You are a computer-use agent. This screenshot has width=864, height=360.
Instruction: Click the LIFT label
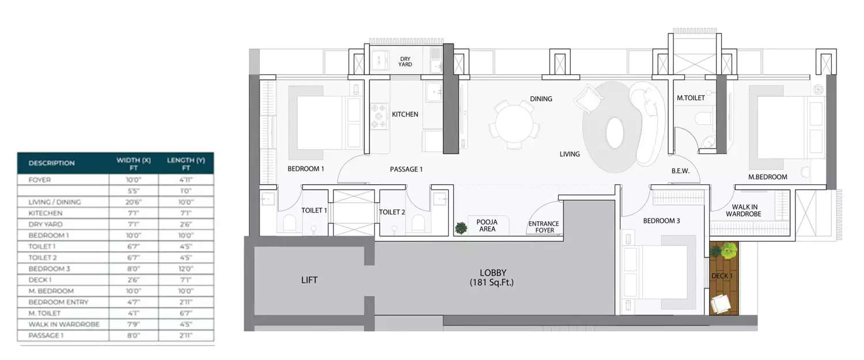point(309,281)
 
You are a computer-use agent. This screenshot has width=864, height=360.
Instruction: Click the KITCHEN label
point(405,115)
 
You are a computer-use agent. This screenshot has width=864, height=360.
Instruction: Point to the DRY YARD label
point(405,61)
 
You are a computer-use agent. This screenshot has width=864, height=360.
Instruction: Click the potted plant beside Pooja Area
point(461,228)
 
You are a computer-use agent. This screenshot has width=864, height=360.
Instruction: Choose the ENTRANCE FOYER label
point(544,227)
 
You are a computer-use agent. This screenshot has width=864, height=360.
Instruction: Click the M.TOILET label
point(691,98)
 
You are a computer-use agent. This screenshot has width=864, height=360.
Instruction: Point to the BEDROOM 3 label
point(661,221)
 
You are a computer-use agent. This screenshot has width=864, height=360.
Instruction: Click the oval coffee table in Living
point(614,132)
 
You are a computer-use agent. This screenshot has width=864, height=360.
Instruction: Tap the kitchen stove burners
point(378,115)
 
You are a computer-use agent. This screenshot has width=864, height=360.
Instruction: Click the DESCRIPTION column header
point(52,163)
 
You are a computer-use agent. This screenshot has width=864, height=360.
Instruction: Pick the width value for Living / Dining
point(134,202)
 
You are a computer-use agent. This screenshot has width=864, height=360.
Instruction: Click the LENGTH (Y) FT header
point(185,164)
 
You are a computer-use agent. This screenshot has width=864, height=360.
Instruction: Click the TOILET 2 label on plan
point(392,212)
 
